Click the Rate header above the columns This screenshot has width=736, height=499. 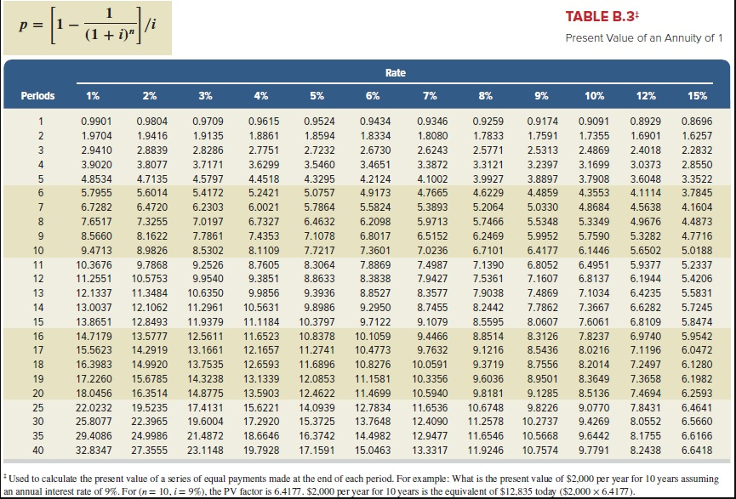pos(395,73)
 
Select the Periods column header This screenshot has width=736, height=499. pos(38,96)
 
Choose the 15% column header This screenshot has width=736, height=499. pos(696,96)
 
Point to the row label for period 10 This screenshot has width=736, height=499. pos(38,250)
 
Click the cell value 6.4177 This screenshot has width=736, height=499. pos(542,250)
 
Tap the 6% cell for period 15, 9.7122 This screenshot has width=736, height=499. pos(375,323)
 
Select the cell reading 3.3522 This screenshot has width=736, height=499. pos(697,179)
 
